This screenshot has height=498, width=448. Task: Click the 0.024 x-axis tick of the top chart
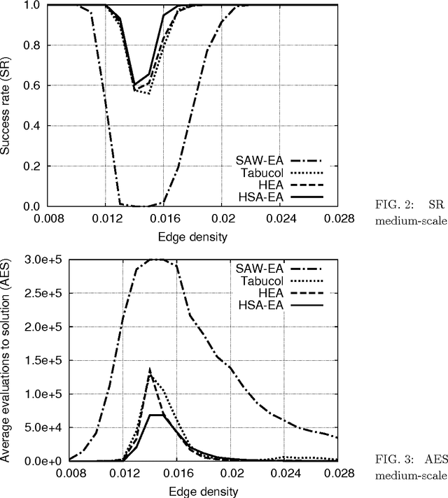click(x=281, y=218)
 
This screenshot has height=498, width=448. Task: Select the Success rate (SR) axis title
click(x=8, y=106)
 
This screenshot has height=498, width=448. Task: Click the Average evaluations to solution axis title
click(x=8, y=360)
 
